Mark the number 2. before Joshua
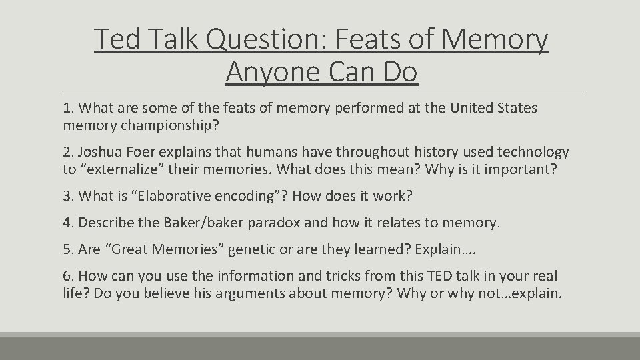click(69, 153)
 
